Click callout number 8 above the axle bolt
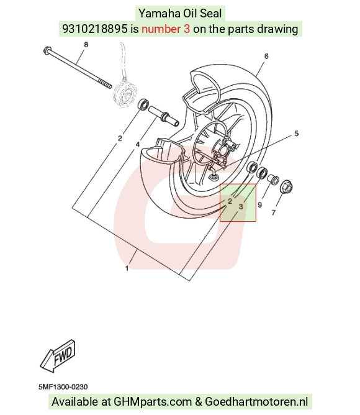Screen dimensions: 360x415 point(86,45)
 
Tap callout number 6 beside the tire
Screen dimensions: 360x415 point(266,56)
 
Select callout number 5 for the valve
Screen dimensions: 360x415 point(296,134)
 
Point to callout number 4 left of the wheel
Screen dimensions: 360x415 point(138,145)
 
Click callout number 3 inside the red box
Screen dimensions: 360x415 point(241,206)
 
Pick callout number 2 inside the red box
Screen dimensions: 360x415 point(230,201)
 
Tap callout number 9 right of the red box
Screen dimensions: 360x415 point(259,204)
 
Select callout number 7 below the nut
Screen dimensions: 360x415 point(274,212)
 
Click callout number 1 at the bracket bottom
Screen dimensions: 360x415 point(127,268)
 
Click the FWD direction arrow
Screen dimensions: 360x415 point(58,355)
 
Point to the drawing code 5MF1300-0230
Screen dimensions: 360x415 point(63,387)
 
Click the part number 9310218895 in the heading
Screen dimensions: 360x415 point(95,29)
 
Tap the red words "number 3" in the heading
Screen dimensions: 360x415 point(166,29)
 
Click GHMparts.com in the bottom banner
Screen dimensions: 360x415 point(153,402)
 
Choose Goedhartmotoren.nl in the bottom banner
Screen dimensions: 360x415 point(256,402)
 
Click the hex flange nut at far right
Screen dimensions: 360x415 point(287,187)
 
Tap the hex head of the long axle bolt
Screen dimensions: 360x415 point(47,50)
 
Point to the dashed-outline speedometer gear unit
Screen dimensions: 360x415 point(125,93)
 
